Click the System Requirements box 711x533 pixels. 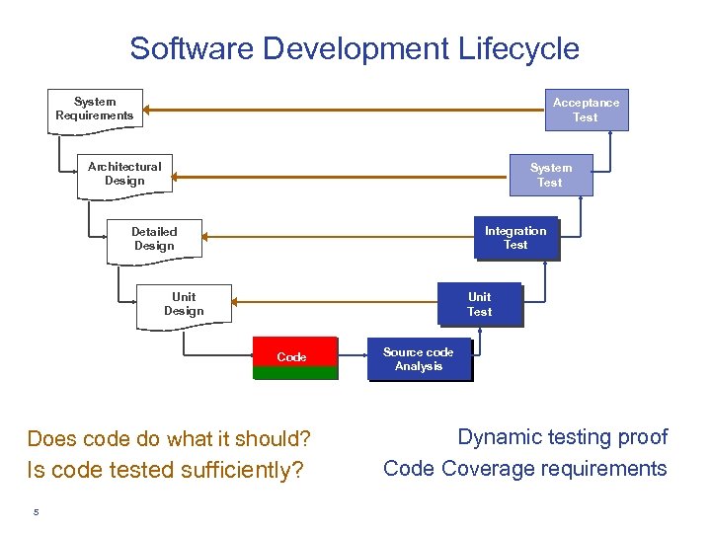[x=95, y=110]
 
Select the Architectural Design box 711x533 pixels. [x=124, y=175]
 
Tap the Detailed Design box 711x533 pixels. [x=154, y=240]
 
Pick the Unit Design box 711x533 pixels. [x=184, y=304]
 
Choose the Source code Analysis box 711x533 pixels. [x=419, y=359]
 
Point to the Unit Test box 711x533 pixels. [x=480, y=305]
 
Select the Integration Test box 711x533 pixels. [x=515, y=239]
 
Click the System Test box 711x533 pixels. [x=550, y=175]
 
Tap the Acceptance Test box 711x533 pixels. [x=586, y=110]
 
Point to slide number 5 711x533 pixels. [x=36, y=511]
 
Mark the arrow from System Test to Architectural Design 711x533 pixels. [x=336, y=178]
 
